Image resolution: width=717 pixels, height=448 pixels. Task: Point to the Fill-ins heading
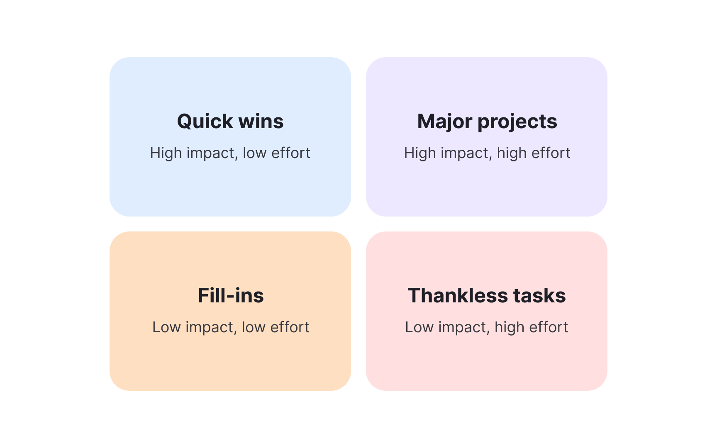point(231,296)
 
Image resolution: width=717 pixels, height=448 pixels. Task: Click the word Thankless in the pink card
point(458,296)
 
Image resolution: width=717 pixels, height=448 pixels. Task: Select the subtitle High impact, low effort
point(230,153)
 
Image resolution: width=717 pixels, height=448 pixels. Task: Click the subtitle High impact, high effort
point(487,153)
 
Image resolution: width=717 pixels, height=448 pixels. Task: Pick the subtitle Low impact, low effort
point(231,327)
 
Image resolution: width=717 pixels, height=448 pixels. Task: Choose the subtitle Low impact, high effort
point(487,327)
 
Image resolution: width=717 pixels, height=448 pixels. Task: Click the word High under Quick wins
point(166,153)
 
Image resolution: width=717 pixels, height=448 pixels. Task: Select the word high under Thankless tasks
point(509,327)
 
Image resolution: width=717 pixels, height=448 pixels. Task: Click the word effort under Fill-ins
point(290,327)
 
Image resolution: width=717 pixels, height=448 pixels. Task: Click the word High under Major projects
point(420,153)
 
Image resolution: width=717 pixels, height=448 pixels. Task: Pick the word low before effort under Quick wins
point(254,153)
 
